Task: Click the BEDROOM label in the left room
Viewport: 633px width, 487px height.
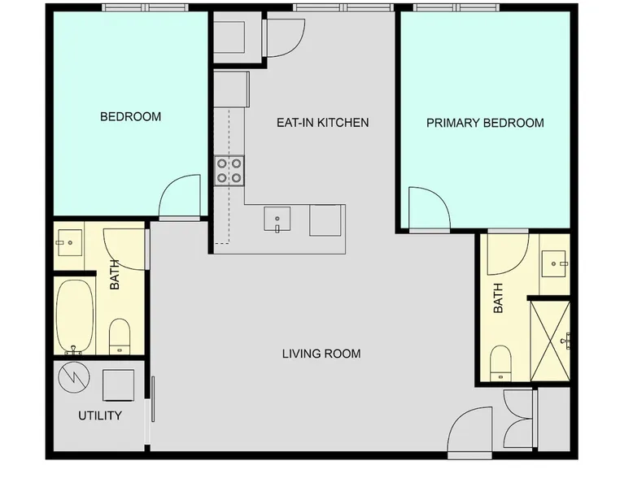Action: coord(130,116)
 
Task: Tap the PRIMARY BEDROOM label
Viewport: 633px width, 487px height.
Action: coord(485,123)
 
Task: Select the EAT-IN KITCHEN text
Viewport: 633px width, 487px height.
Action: coord(322,122)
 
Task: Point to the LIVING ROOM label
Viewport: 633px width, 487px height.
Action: coord(321,354)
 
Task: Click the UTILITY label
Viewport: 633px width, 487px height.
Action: coord(100,415)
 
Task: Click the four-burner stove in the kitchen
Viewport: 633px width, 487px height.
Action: coord(229,171)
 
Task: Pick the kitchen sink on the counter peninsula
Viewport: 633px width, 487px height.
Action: coord(277,219)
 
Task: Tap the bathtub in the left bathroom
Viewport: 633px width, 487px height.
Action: coord(75,317)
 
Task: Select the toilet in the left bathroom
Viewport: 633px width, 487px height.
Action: coord(120,336)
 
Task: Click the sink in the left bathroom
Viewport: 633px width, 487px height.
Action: coord(70,242)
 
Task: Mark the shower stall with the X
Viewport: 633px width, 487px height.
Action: coord(550,341)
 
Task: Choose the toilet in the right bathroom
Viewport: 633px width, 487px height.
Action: coord(500,363)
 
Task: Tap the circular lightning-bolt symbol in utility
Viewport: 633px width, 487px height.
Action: coord(74,377)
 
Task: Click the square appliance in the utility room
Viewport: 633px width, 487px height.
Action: coord(118,385)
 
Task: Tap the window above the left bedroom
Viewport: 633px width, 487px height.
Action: coord(145,7)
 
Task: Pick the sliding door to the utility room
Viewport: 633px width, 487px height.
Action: coord(153,399)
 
